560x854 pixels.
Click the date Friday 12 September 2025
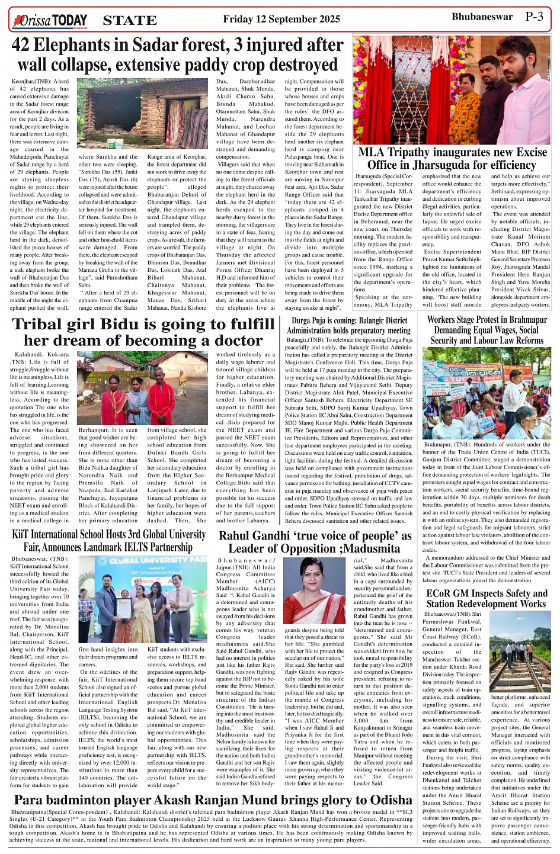click(281, 19)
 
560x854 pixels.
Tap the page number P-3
click(534, 17)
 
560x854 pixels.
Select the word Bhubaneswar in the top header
click(482, 17)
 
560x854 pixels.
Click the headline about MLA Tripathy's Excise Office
click(452, 159)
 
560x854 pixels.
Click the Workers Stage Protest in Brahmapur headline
click(486, 330)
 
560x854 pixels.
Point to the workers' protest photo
click(486, 393)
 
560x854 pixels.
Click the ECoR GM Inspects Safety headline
click(486, 598)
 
